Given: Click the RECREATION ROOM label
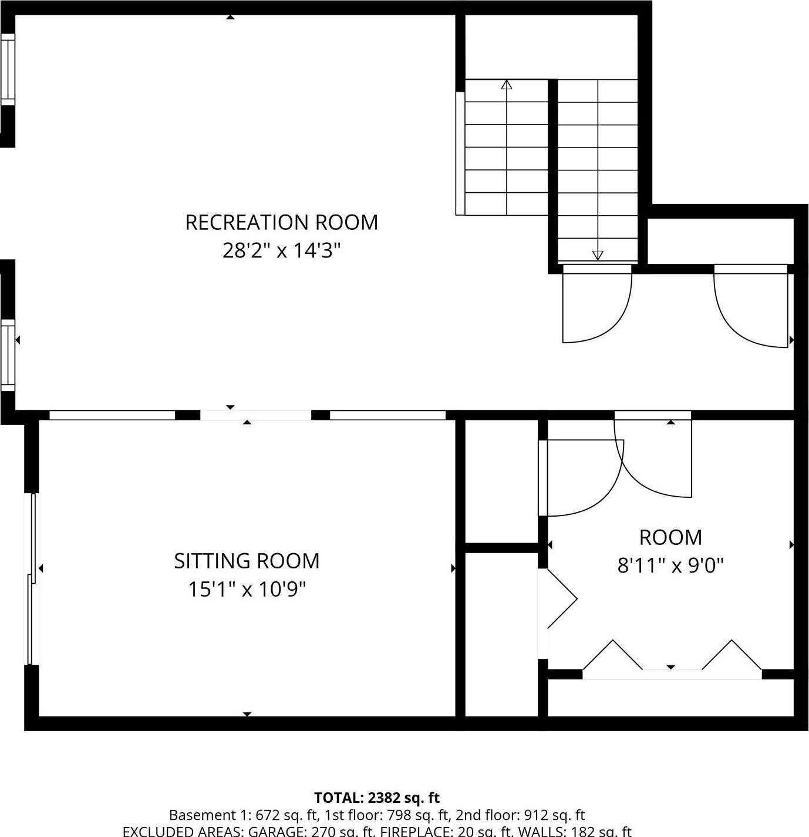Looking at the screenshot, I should pyautogui.click(x=281, y=222).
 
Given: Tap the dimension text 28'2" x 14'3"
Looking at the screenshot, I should pyautogui.click(x=281, y=251).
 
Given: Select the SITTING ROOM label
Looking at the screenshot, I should pyautogui.click(x=247, y=561).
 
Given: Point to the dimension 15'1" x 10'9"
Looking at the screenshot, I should pyautogui.click(x=247, y=589).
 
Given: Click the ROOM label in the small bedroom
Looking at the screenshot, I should pyautogui.click(x=670, y=537).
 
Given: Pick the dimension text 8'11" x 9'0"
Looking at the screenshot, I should pyautogui.click(x=670, y=565).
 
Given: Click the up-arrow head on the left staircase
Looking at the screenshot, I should pyautogui.click(x=506, y=85).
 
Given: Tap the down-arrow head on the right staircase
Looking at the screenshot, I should pyautogui.click(x=597, y=255).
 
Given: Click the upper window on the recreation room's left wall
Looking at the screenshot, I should pyautogui.click(x=8, y=69).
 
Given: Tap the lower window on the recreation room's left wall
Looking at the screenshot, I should pyautogui.click(x=8, y=355).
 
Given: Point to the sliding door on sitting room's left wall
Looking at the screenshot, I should pyautogui.click(x=33, y=579).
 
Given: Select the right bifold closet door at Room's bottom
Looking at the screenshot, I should pyautogui.click(x=732, y=655).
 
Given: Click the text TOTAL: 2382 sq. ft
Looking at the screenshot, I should pyautogui.click(x=376, y=798).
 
